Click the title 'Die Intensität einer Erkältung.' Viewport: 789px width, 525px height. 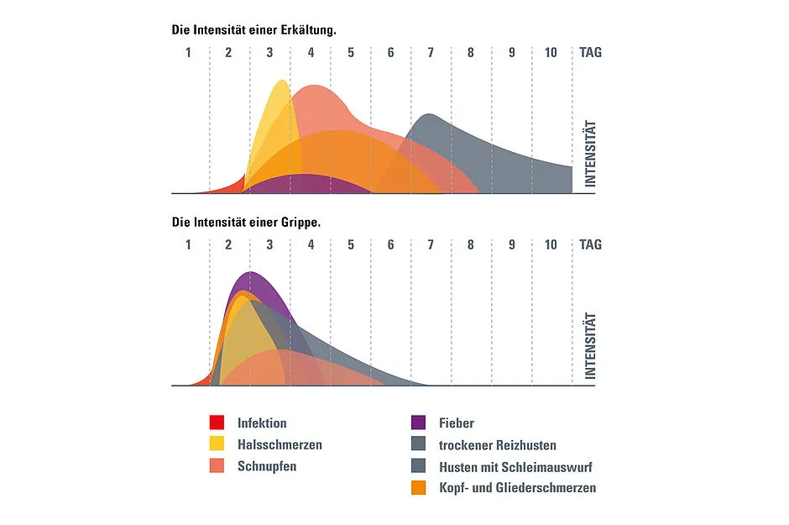pyautogui.click(x=253, y=29)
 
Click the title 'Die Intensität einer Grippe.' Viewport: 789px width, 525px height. pyautogui.click(x=246, y=223)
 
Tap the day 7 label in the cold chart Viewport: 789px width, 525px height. pyautogui.click(x=431, y=52)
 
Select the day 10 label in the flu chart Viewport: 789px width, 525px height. pyautogui.click(x=551, y=244)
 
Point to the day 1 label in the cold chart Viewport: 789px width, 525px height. pyautogui.click(x=189, y=52)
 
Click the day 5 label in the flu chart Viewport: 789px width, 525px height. pyautogui.click(x=351, y=244)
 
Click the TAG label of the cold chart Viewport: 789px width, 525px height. pyautogui.click(x=590, y=52)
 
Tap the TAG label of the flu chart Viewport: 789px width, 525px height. pyautogui.click(x=590, y=244)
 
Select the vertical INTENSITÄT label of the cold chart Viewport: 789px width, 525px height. pyautogui.click(x=589, y=154)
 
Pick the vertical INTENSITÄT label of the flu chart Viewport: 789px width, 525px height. pyautogui.click(x=589, y=346)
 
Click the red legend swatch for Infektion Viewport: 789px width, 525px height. pyautogui.click(x=217, y=423)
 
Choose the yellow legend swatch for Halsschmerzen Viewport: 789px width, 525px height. pyautogui.click(x=217, y=444)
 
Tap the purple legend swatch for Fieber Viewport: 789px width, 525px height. pyautogui.click(x=419, y=423)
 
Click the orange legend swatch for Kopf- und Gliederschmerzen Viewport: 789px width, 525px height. pyautogui.click(x=419, y=487)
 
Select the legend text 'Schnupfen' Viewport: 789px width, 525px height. pyautogui.click(x=266, y=465)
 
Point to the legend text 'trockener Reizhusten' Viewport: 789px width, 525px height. pyautogui.click(x=498, y=444)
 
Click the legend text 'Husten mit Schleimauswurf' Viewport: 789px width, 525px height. pyautogui.click(x=515, y=466)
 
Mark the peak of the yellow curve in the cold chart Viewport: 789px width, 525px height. pyautogui.click(x=281, y=81)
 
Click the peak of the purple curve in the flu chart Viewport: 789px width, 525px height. pyautogui.click(x=249, y=273)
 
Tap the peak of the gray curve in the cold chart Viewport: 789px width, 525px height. pyautogui.click(x=429, y=115)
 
